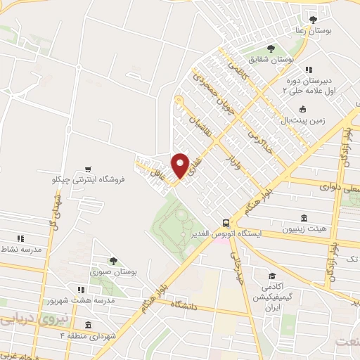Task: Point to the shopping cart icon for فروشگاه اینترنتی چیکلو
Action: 87,169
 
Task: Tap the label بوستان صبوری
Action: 114,271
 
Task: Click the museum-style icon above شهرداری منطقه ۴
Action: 87,325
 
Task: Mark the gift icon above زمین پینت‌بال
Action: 302,108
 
